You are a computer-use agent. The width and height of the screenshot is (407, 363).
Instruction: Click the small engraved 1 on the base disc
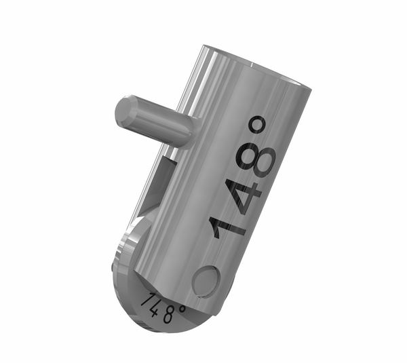point(144,299)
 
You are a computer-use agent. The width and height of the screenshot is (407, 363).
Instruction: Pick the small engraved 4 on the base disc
point(155,307)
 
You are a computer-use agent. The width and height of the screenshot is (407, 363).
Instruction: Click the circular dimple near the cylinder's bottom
point(205,280)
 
